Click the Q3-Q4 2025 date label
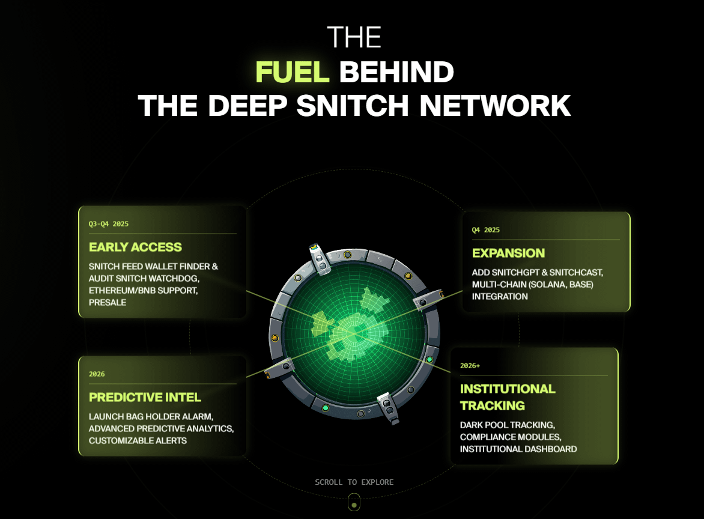pyautogui.click(x=109, y=223)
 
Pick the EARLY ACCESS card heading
pyautogui.click(x=135, y=247)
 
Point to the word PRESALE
pyautogui.click(x=108, y=302)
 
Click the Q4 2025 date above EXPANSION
pyautogui.click(x=486, y=229)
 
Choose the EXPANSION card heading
pyautogui.click(x=508, y=253)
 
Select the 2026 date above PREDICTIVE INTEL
pyautogui.click(x=97, y=374)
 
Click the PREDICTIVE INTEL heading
pyautogui.click(x=145, y=397)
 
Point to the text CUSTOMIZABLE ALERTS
pyautogui.click(x=138, y=440)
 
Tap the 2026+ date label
pyautogui.click(x=470, y=365)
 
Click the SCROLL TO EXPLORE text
pyautogui.click(x=354, y=482)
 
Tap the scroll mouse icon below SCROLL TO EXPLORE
pyautogui.click(x=354, y=502)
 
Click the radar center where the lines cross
pyautogui.click(x=354, y=332)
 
